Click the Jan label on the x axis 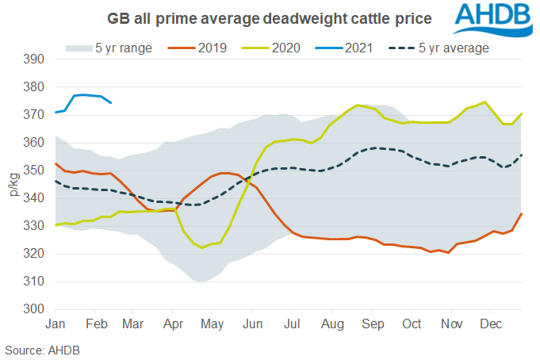56,324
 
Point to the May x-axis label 211,324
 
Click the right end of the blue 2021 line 111,102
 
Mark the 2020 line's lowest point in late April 202,247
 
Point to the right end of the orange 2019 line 522,213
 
